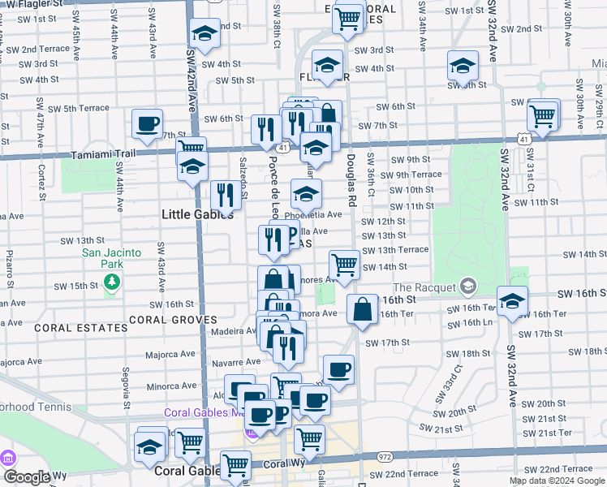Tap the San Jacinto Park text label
111,258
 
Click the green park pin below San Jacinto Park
112,282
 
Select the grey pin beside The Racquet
467,286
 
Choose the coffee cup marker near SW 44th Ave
148,123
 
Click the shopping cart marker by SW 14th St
344,265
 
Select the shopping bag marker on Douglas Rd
361,309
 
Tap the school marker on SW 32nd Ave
512,302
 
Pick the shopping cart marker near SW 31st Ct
542,115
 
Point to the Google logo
26,477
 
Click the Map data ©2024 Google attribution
557,481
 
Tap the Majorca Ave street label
170,354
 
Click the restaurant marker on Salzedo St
225,195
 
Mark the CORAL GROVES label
172,320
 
